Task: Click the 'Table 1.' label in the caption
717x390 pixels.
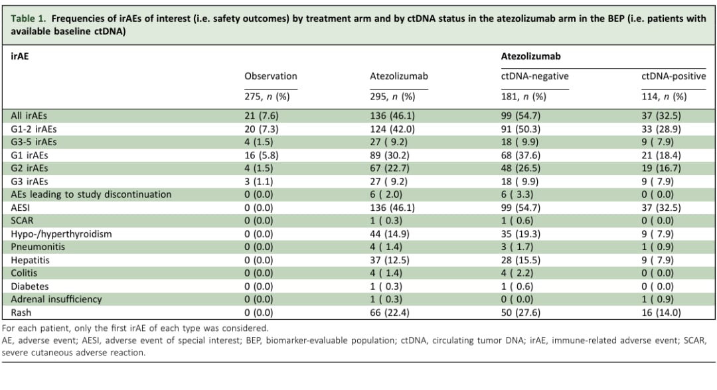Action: (29, 19)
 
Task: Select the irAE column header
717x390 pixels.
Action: (20, 56)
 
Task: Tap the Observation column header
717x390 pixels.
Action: (271, 76)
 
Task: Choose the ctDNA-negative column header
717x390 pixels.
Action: (534, 76)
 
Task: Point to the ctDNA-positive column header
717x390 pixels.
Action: (674, 76)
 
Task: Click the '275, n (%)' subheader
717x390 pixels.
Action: (267, 97)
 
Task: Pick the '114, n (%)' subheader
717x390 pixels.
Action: (664, 97)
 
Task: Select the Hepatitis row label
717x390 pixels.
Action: (30, 260)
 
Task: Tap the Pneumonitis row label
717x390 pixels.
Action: (38, 247)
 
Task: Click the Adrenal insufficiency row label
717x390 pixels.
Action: (56, 300)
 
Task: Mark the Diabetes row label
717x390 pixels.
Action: (30, 287)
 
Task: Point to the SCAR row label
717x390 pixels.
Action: (22, 221)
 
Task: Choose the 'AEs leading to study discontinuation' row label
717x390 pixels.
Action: (91, 194)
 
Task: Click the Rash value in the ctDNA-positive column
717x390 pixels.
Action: (661, 313)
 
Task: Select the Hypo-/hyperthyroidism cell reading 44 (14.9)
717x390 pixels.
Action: (390, 234)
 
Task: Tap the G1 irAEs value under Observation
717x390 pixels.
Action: (261, 155)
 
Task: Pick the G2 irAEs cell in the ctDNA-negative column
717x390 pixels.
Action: (520, 168)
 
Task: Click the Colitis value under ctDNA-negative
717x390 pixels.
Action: (517, 273)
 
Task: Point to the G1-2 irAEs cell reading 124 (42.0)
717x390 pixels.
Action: (392, 129)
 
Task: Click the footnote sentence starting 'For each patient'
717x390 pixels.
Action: (135, 328)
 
